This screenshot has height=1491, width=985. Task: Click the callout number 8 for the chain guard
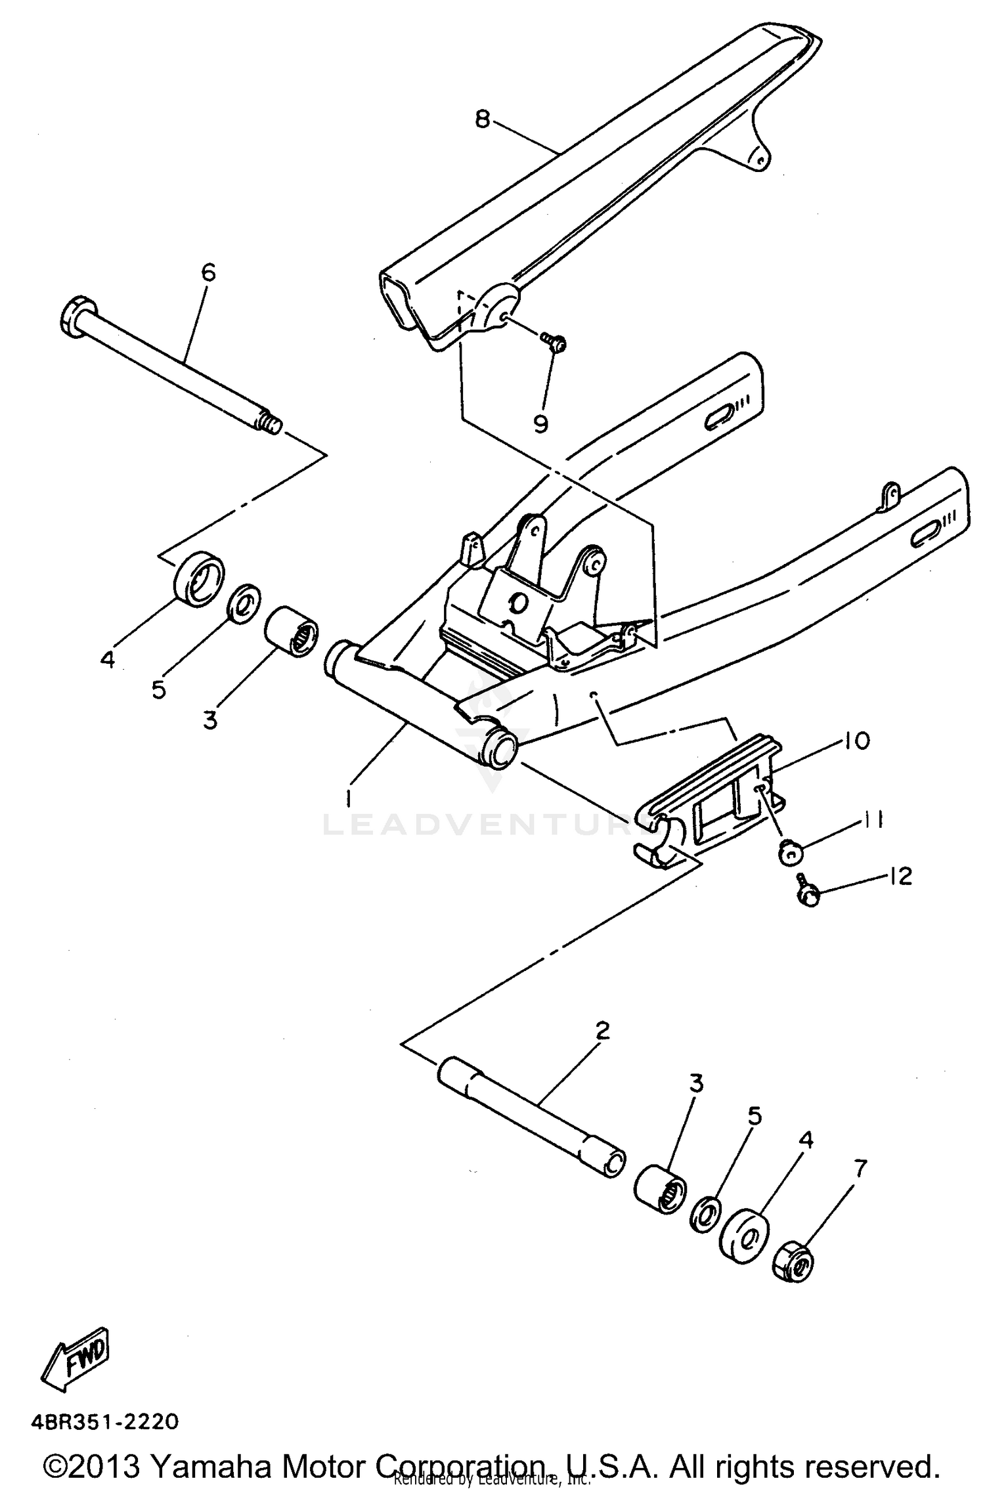point(483,119)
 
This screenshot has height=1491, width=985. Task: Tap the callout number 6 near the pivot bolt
point(208,272)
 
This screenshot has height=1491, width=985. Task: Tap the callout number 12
point(901,876)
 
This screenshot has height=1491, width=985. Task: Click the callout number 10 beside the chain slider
point(854,741)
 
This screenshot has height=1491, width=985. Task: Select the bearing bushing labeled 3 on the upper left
point(291,631)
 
